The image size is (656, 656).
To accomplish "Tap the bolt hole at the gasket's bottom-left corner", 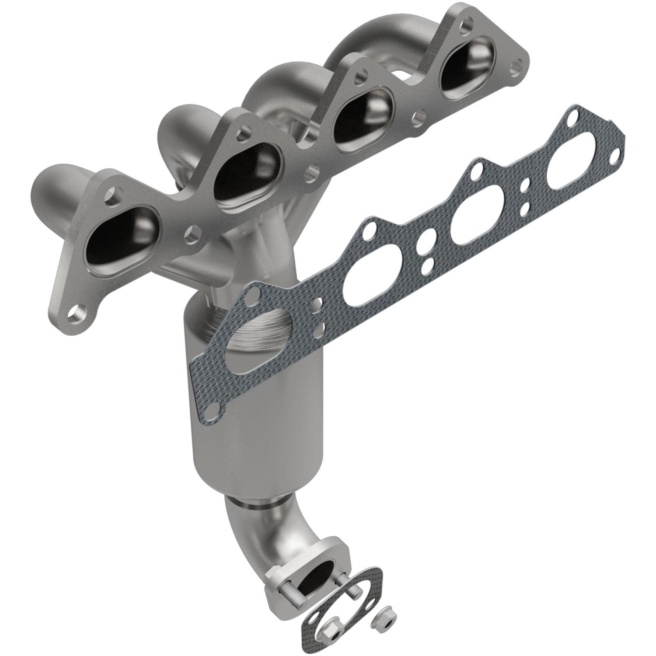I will (212, 409).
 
